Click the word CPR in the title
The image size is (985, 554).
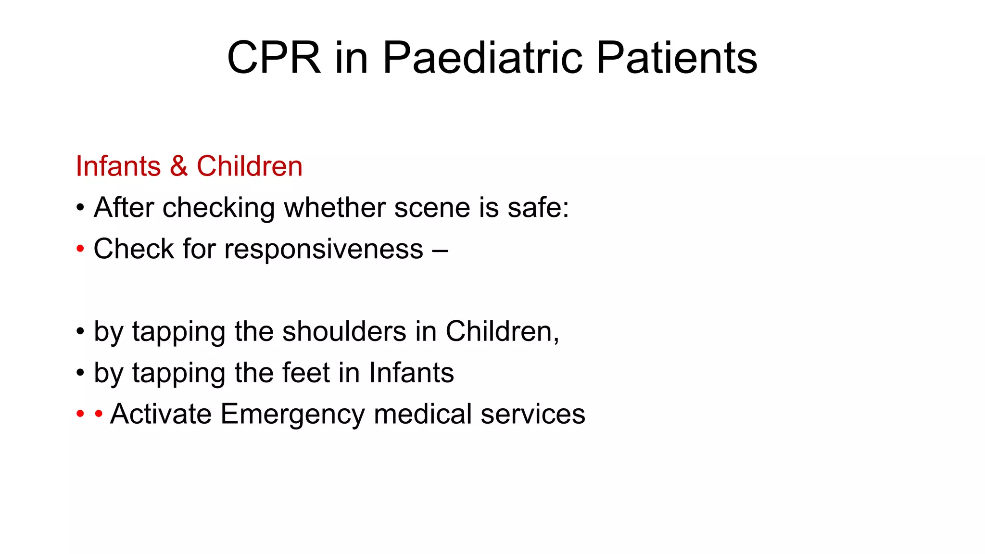pyautogui.click(x=274, y=58)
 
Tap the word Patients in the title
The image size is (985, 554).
pyautogui.click(x=677, y=58)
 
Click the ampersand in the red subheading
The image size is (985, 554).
pyautogui.click(x=178, y=166)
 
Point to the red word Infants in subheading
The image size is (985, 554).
pyautogui.click(x=118, y=166)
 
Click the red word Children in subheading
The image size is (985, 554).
pyautogui.click(x=249, y=166)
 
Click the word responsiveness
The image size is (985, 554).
pyautogui.click(x=324, y=249)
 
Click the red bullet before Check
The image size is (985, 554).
pyautogui.click(x=80, y=249)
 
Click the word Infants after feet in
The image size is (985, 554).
pyautogui.click(x=411, y=373)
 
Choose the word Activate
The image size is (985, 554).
pyautogui.click(x=161, y=414)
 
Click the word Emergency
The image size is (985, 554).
pyautogui.click(x=292, y=414)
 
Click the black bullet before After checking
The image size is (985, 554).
pyautogui.click(x=80, y=208)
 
